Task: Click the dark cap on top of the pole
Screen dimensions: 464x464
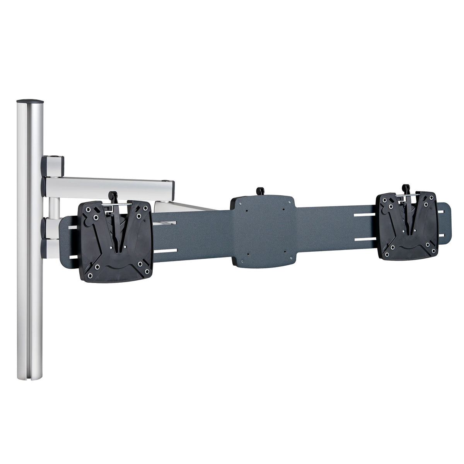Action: pyautogui.click(x=31, y=101)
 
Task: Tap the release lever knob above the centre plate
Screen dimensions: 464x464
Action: pyautogui.click(x=260, y=190)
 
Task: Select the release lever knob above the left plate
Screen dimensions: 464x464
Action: pyautogui.click(x=113, y=194)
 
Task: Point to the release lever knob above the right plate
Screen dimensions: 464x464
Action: pyautogui.click(x=406, y=188)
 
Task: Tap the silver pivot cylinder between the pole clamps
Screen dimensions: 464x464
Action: pyautogui.click(x=53, y=207)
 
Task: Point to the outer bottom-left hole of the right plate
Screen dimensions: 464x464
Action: pyautogui.click(x=386, y=255)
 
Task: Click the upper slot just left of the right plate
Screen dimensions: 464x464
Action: pyautogui.click(x=365, y=213)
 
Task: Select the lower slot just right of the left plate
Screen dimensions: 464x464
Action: pyautogui.click(x=166, y=252)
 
